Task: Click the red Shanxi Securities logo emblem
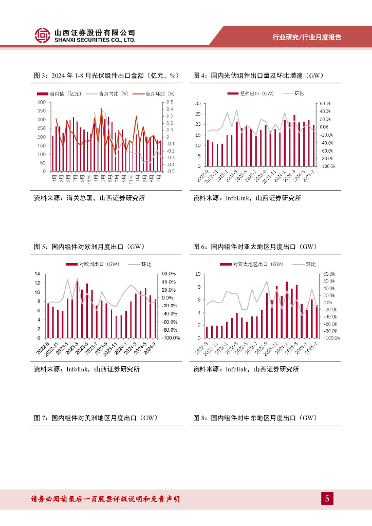click(x=43, y=35)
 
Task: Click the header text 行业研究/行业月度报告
click(x=307, y=37)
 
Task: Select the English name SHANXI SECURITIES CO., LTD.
click(x=95, y=40)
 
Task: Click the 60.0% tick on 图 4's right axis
click(x=325, y=103)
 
